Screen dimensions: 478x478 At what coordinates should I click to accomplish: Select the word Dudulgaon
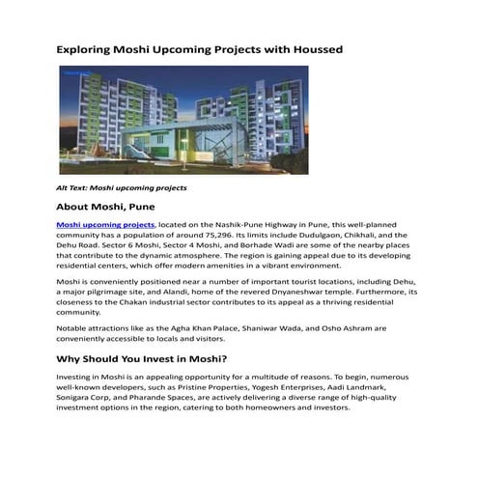322,235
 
